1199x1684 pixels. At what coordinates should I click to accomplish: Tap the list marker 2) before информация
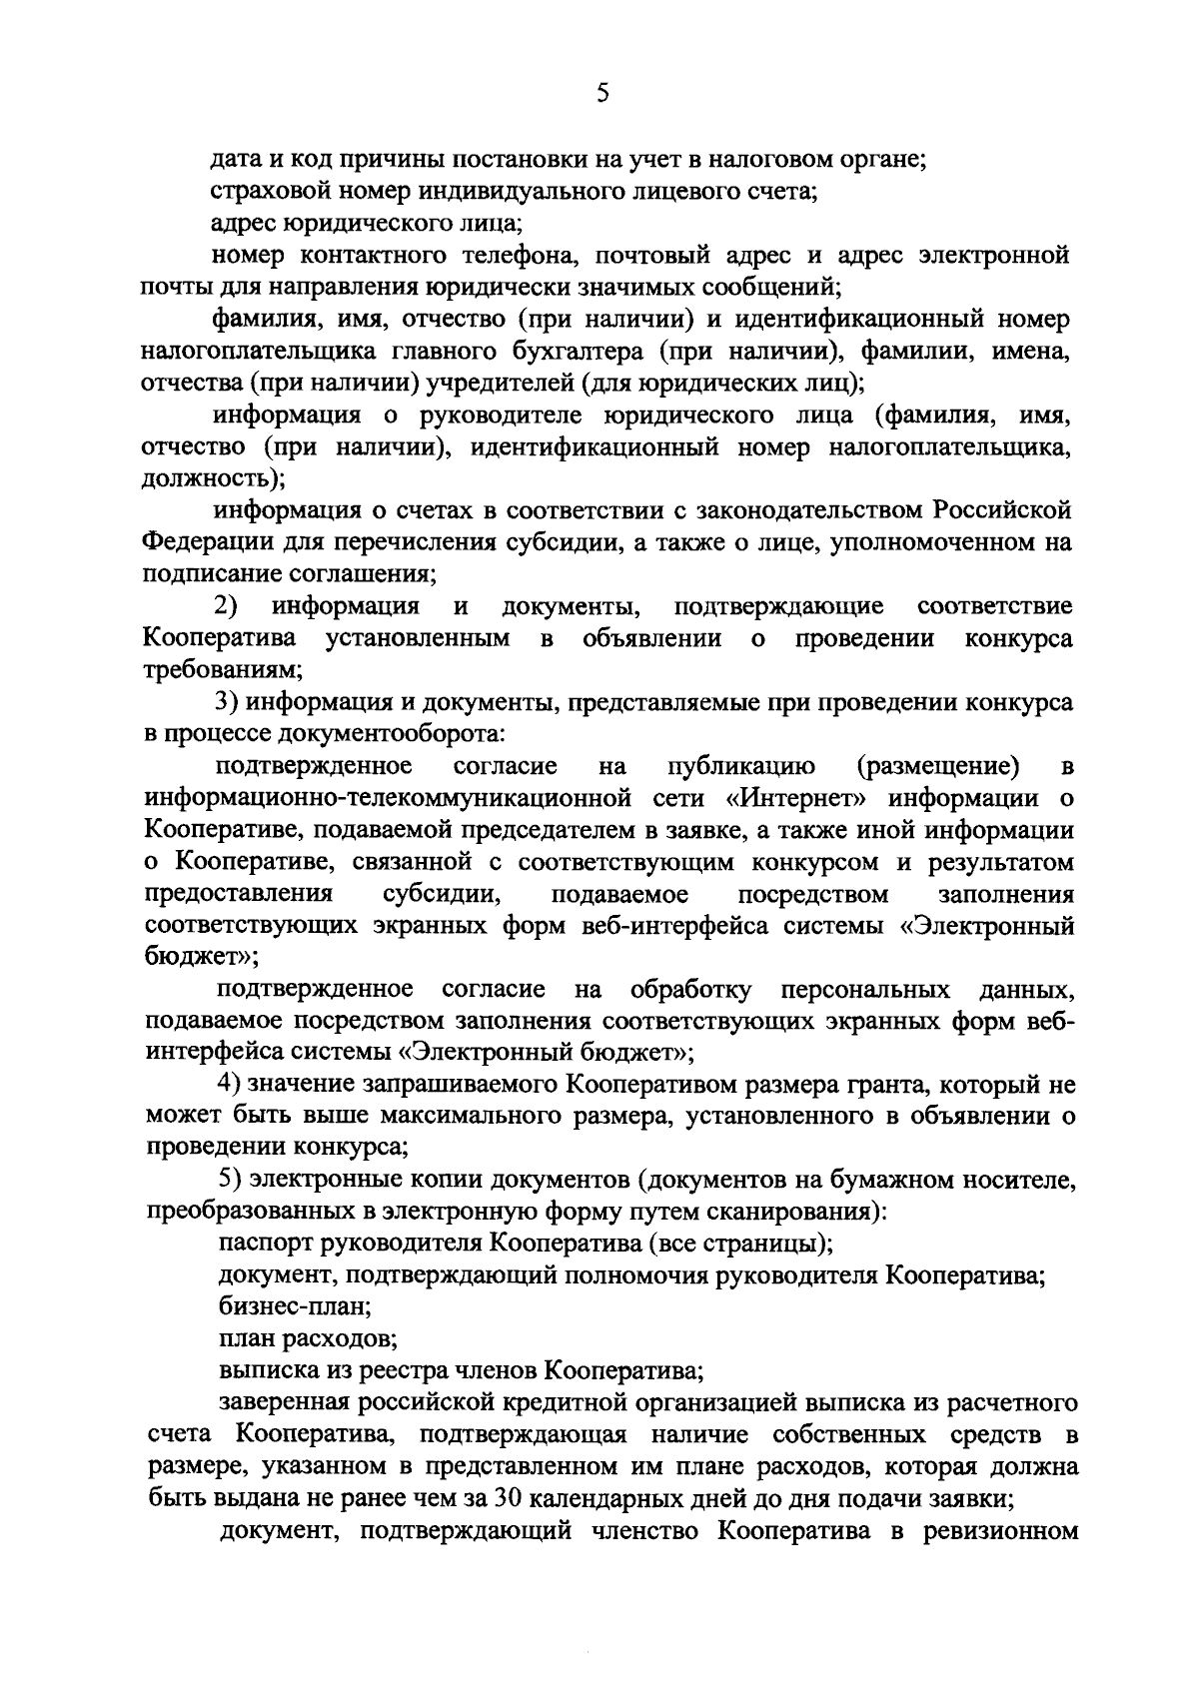click(x=226, y=606)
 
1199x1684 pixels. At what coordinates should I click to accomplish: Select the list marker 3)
click(x=226, y=702)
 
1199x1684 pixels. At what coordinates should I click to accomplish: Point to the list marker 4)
click(x=227, y=1084)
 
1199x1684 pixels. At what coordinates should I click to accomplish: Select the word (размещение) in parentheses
click(x=937, y=766)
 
